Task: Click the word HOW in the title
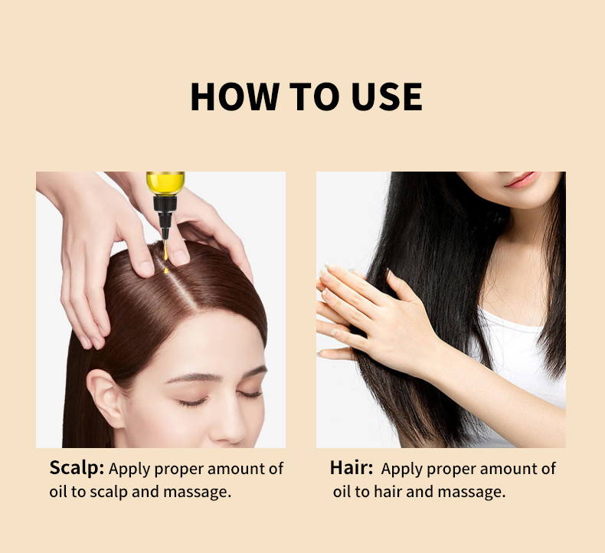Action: (235, 97)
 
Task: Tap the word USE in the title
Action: (387, 97)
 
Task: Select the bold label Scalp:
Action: (77, 468)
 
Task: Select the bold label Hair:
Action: (351, 468)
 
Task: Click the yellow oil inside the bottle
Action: (165, 183)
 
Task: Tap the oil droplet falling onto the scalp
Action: (166, 270)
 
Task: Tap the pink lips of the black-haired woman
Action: (522, 180)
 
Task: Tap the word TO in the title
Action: (315, 97)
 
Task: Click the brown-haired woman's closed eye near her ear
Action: (192, 403)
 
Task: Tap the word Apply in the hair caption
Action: (401, 470)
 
